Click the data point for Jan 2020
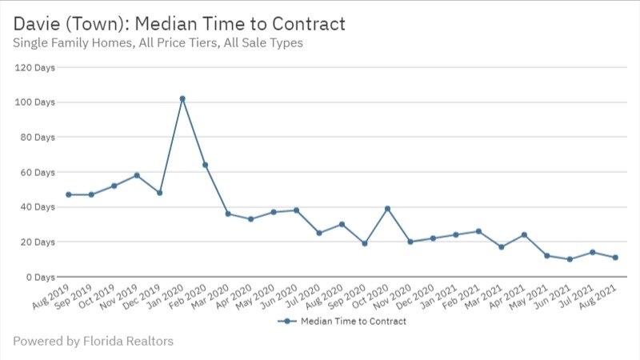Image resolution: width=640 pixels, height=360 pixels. point(182,98)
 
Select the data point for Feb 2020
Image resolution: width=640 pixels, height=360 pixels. point(206,165)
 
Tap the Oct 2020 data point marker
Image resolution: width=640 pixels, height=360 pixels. point(388,209)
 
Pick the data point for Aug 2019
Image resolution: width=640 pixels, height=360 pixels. point(69,194)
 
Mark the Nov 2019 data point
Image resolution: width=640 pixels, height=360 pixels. point(137,175)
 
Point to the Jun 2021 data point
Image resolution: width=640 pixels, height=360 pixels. point(570,259)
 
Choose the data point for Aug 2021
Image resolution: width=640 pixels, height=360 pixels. point(615,258)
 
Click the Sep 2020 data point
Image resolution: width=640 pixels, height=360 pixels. point(365,243)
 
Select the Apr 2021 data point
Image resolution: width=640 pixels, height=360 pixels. point(524,235)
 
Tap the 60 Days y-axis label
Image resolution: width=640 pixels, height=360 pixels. point(35,172)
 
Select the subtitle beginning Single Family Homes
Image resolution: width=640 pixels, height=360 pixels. point(158,43)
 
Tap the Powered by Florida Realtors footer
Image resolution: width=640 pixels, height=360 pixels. point(93,342)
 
